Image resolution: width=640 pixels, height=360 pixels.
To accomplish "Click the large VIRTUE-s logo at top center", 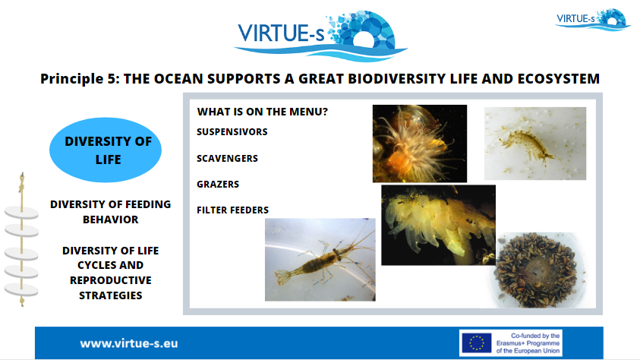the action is point(320,36).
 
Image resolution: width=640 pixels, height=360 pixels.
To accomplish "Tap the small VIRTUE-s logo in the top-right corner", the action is point(593,20).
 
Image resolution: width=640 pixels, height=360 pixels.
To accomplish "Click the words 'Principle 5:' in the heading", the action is point(80,78).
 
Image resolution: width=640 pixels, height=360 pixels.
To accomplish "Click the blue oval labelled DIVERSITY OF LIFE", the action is point(106,150).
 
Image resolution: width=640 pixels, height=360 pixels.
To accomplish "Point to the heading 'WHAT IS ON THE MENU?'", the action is point(263,112).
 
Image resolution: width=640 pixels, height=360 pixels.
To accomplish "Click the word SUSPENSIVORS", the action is point(232,132).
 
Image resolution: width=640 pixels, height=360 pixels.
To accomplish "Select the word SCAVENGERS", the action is point(227,159).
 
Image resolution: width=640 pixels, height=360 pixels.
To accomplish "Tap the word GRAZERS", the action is point(218,184).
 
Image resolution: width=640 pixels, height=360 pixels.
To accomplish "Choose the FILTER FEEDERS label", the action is point(232,210).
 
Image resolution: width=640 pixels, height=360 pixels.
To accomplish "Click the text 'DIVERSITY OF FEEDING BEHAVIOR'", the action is point(111,212).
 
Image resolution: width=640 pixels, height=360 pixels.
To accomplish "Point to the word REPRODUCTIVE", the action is point(111,280).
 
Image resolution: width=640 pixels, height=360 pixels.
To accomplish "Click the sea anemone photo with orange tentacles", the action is point(420,144).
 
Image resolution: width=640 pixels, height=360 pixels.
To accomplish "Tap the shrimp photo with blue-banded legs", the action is point(320,260).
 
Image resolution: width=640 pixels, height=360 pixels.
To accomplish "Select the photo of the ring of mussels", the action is point(540,270).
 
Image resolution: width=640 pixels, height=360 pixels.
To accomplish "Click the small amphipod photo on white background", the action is point(535,144).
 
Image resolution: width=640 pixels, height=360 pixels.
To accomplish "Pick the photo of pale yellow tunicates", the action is point(438,225).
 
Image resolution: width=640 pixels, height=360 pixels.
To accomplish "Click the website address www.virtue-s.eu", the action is point(129,343).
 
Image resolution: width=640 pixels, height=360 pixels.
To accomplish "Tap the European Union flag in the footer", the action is point(476,343).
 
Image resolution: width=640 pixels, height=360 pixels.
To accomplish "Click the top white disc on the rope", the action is point(21,213).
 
